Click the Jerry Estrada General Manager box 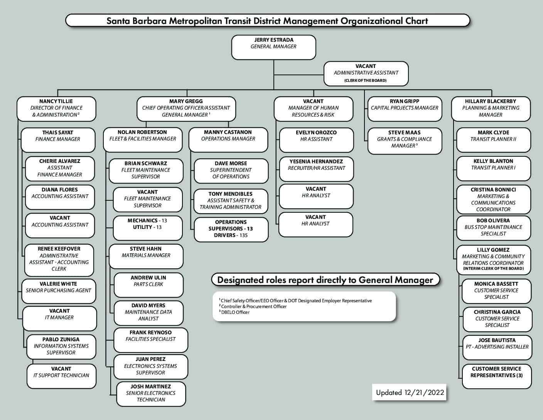(273, 47)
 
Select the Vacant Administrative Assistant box (366, 73)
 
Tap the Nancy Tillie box (56, 108)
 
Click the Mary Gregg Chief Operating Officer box (186, 108)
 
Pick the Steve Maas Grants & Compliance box (404, 141)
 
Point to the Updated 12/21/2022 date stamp (410, 393)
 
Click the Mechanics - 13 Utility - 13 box (147, 228)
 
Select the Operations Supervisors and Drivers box (231, 229)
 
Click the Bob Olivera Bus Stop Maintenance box (493, 228)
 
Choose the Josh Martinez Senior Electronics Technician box (151, 394)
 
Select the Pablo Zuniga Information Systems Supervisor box (61, 347)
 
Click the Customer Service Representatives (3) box (496, 376)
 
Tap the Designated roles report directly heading (325, 280)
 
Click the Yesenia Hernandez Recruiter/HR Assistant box (316, 169)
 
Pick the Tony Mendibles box (231, 201)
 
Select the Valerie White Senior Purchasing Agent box (59, 290)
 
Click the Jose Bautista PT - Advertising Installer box (497, 347)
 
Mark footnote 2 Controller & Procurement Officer (254, 307)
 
